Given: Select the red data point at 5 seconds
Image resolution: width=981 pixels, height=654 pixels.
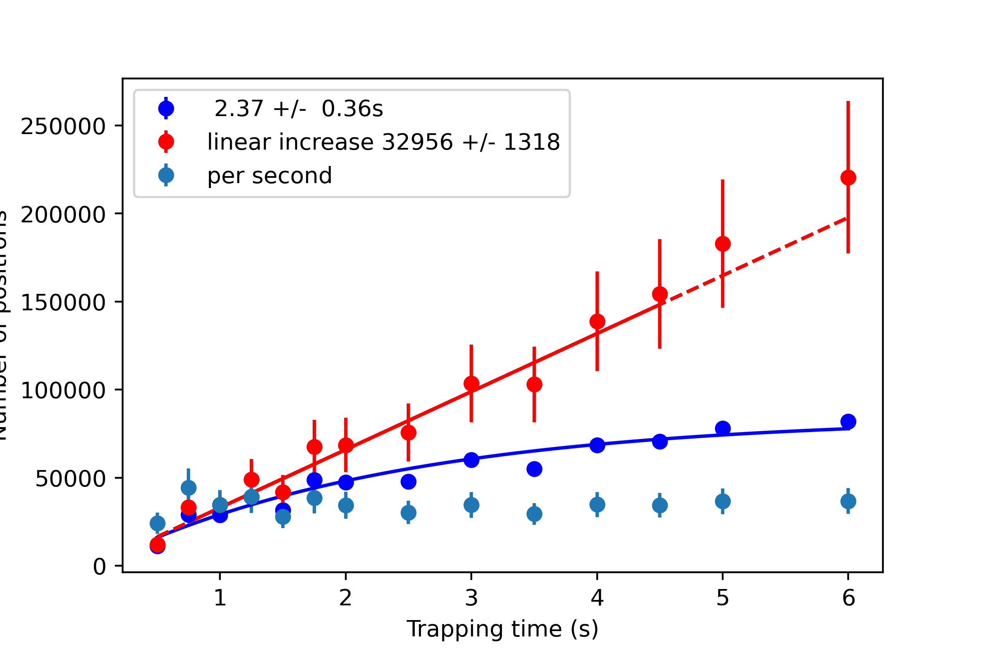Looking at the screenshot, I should tap(722, 244).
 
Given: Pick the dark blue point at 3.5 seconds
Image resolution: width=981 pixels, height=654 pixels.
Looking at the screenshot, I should tap(534, 469).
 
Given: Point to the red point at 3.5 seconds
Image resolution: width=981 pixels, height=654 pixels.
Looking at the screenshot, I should tap(534, 384).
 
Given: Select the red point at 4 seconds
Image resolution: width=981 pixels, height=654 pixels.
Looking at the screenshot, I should tap(597, 322).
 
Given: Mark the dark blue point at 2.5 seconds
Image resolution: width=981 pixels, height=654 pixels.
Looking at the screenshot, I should tap(408, 482).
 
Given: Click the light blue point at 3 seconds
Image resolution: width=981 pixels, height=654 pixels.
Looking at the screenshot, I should tap(471, 505).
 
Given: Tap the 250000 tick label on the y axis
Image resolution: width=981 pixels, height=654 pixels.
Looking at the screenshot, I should tap(63, 126).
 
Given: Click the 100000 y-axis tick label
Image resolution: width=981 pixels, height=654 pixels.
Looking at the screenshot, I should tap(63, 390).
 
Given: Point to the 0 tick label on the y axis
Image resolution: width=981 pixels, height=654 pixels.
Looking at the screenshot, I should tap(99, 567).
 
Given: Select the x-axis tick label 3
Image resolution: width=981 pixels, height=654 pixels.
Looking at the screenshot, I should tap(471, 598).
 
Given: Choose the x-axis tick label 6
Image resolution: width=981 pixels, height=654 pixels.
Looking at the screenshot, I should tap(849, 598).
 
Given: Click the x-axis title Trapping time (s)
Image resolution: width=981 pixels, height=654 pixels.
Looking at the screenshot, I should tap(502, 629).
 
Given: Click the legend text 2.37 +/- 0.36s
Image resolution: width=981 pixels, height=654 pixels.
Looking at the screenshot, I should tap(298, 109).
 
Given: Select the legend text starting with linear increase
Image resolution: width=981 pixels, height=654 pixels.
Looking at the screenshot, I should tap(383, 142).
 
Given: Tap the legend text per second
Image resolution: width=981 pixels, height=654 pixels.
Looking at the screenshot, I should tap(269, 176).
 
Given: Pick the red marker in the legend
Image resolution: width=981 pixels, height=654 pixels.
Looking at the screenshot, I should tap(166, 142).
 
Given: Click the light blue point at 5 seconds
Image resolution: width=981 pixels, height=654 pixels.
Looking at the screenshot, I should tap(722, 502).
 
